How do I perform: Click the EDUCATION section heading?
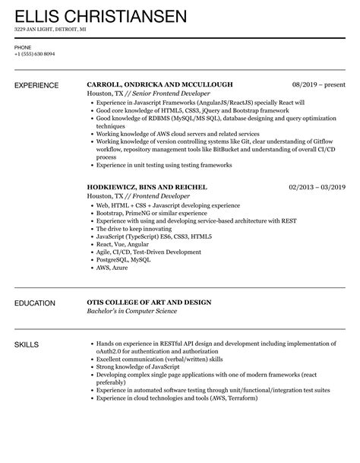[36, 303]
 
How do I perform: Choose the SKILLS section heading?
[29, 345]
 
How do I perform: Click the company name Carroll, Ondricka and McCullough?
[159, 84]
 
